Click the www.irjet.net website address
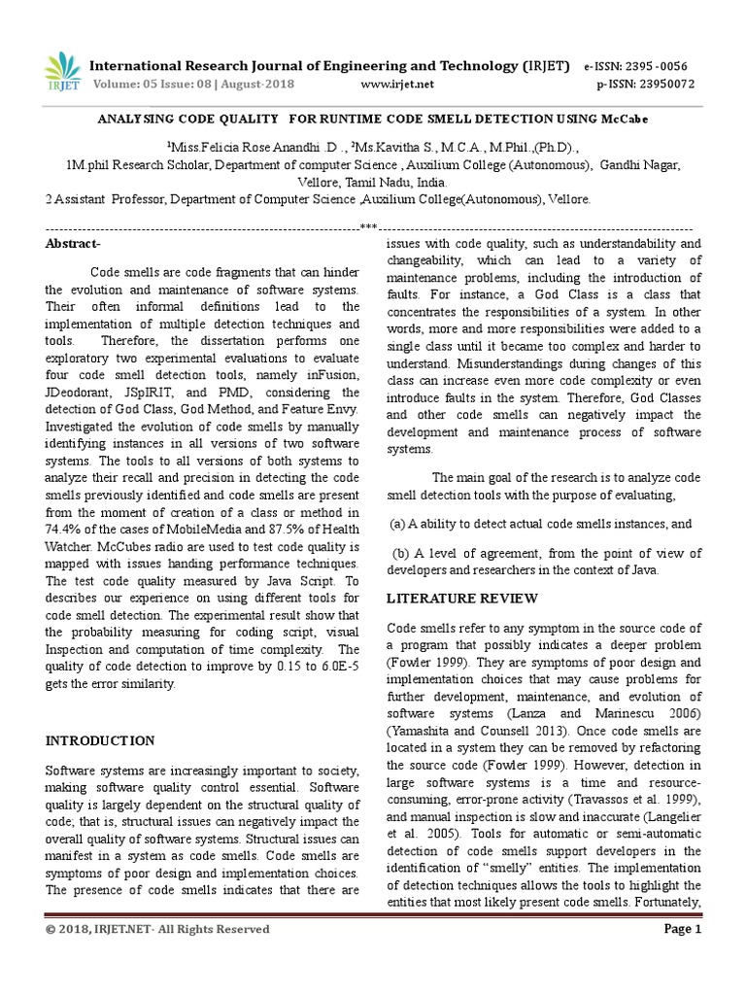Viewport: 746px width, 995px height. [x=397, y=85]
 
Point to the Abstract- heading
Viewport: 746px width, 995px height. [x=73, y=244]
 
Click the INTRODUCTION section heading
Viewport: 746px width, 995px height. [x=100, y=740]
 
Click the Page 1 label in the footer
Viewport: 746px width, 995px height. [x=682, y=929]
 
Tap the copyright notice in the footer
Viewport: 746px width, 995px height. [x=157, y=930]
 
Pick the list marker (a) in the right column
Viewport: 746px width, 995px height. [x=397, y=524]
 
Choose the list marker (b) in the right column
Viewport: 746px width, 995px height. [x=399, y=553]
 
